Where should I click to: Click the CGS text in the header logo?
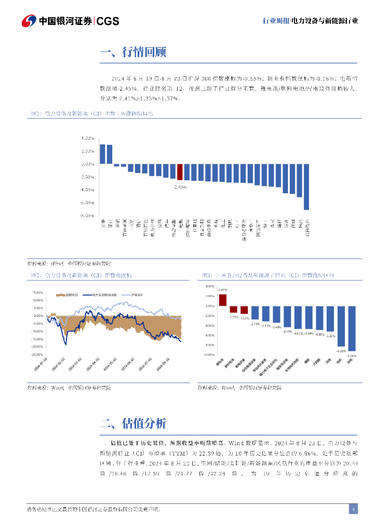coord(108,21)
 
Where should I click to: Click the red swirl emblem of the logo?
coord(29,21)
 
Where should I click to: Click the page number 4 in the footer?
coord(353,509)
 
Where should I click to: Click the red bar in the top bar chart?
coord(180,172)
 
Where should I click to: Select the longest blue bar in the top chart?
coord(306,187)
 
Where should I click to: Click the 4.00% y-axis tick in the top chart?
coord(87,138)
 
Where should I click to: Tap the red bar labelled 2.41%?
coord(223,300)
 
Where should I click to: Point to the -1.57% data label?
coord(245,318)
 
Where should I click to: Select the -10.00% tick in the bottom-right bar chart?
coord(209,355)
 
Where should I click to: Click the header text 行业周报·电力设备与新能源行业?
coord(310,21)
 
